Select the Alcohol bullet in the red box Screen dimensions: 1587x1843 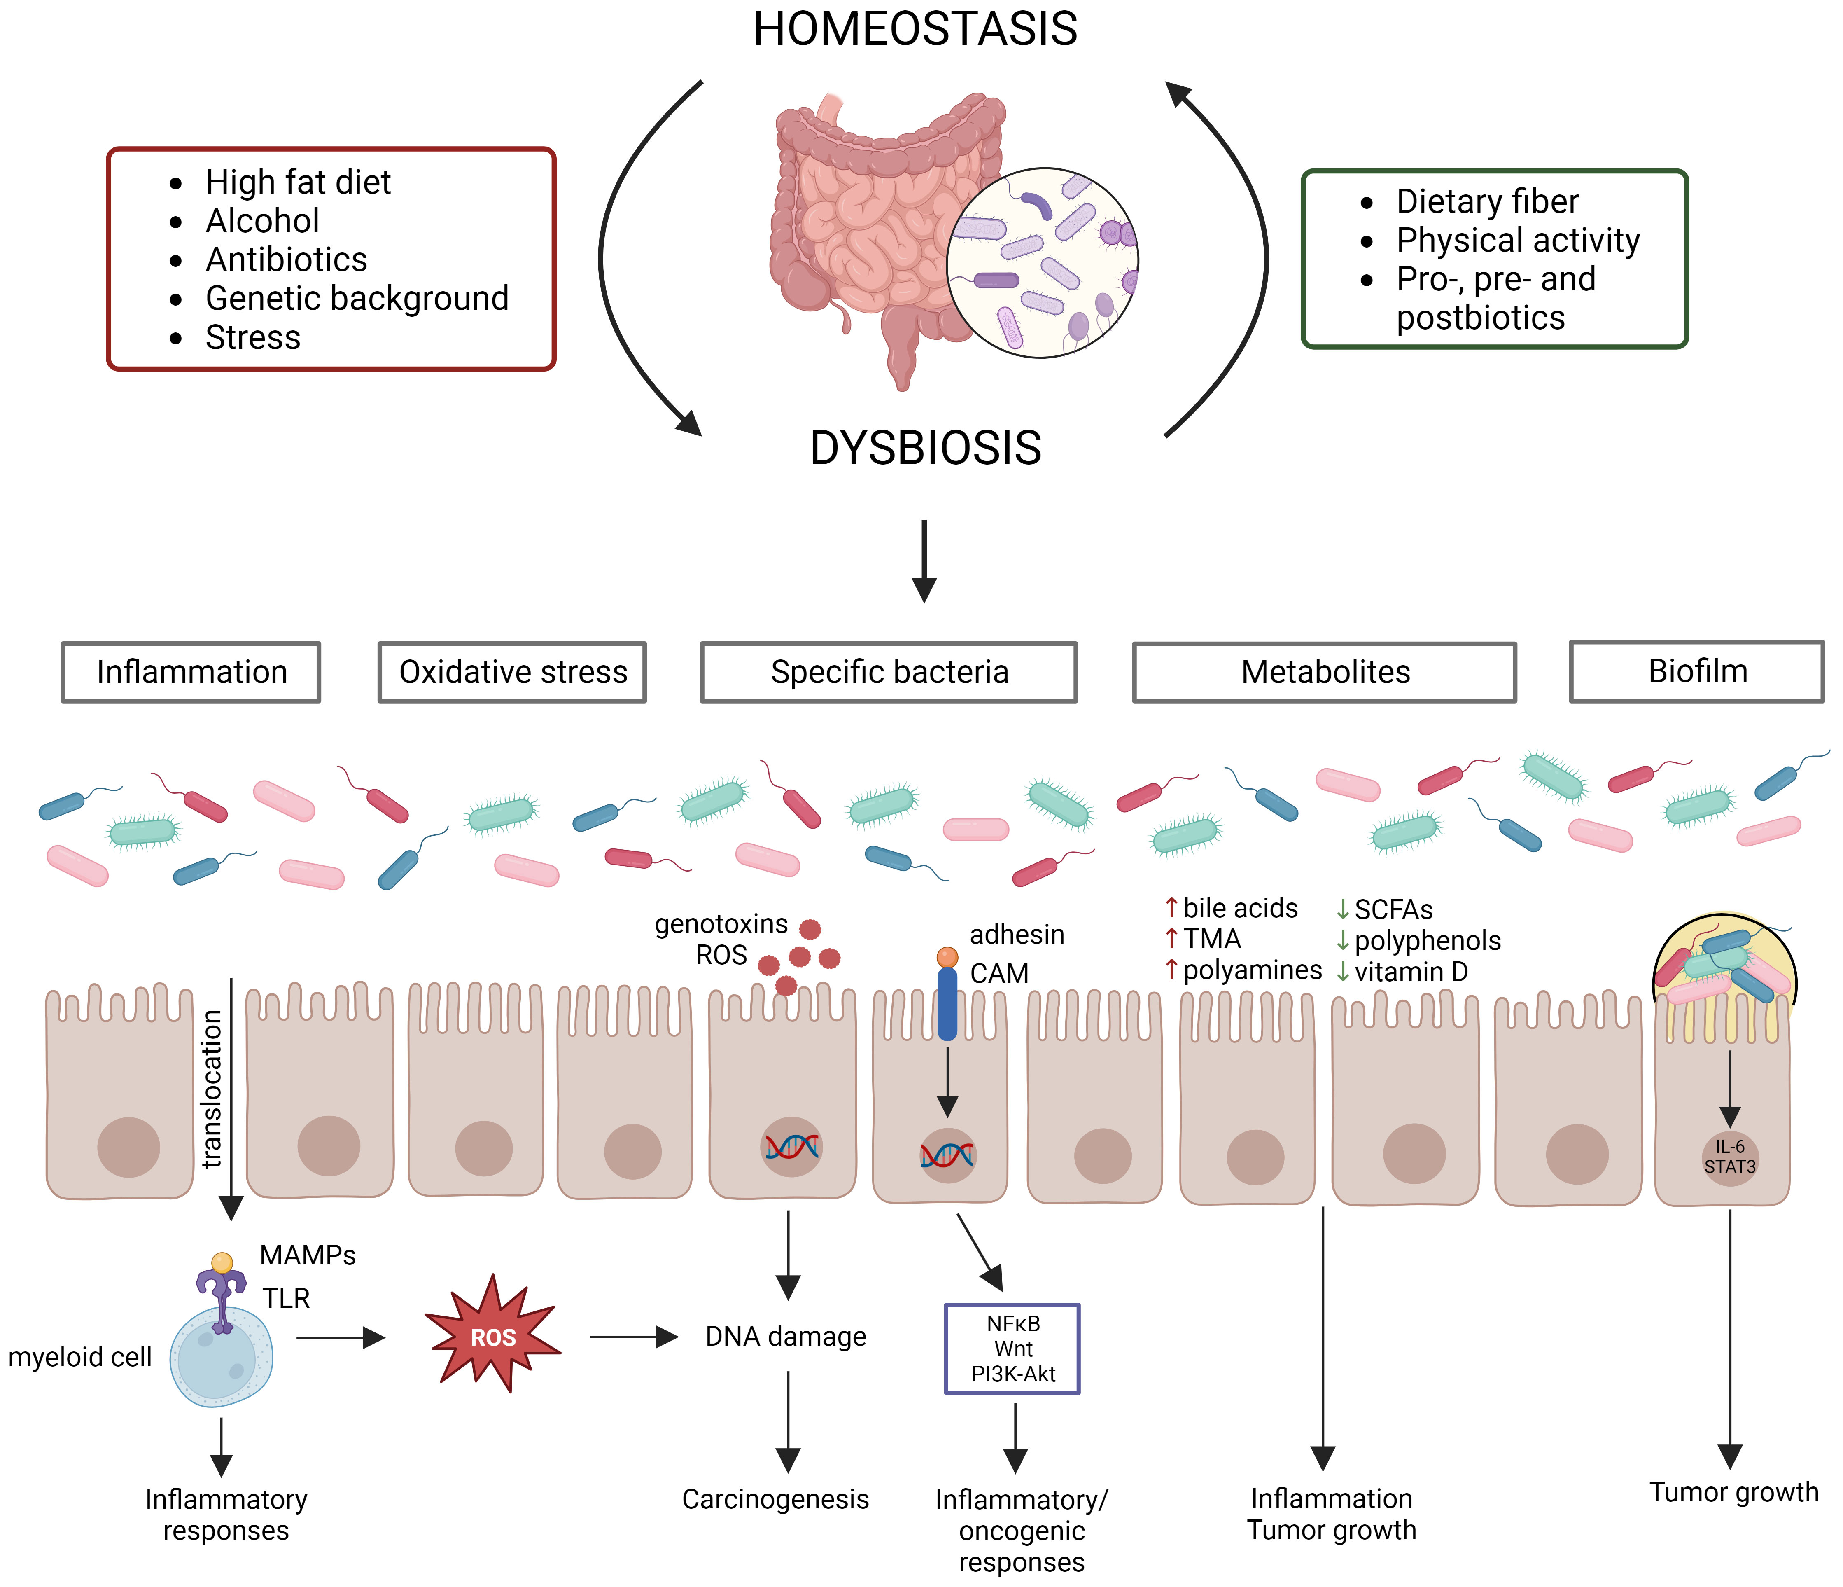pos(262,221)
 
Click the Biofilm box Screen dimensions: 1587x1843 pos(1697,672)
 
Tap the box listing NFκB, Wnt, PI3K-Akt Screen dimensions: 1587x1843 pos(1012,1349)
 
